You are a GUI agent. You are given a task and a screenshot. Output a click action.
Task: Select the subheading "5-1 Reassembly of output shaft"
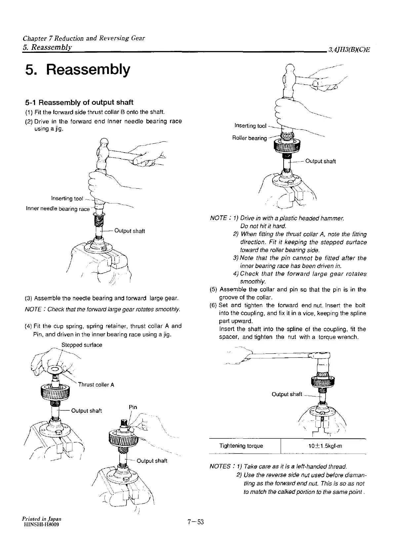click(79, 102)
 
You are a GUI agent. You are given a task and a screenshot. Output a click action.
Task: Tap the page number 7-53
click(196, 522)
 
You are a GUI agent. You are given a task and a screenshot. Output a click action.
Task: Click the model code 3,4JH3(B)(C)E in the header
click(349, 50)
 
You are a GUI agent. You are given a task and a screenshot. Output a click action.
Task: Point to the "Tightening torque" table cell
click(241, 446)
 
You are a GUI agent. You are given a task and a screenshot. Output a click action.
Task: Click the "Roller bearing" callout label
click(249, 138)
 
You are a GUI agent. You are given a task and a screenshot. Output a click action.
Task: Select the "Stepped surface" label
click(82, 345)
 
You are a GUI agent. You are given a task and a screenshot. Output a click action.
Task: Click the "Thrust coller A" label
click(96, 385)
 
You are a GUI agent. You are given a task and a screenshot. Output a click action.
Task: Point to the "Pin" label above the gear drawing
click(133, 407)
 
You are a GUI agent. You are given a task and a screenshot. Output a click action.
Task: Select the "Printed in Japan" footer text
click(42, 518)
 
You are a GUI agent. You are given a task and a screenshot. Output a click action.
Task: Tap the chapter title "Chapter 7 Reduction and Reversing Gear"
click(84, 38)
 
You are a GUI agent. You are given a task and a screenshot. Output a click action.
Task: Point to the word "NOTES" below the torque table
click(220, 466)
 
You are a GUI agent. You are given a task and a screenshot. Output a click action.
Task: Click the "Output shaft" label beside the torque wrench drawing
click(287, 394)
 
